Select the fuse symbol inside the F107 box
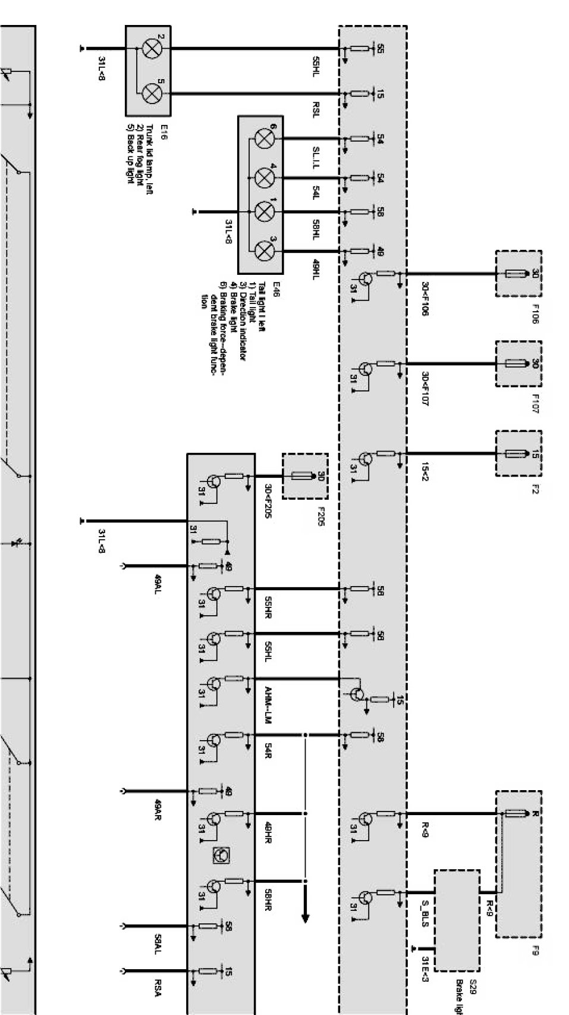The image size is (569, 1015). coord(514,364)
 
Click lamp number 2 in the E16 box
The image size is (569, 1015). coord(152,49)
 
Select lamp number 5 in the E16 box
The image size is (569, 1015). coord(152,93)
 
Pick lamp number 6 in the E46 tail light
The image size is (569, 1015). coord(263,139)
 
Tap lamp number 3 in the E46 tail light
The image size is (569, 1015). coord(263,250)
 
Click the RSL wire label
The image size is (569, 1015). coord(316,110)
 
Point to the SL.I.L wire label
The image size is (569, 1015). coord(316,156)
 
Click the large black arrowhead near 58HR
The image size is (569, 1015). coord(305,918)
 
